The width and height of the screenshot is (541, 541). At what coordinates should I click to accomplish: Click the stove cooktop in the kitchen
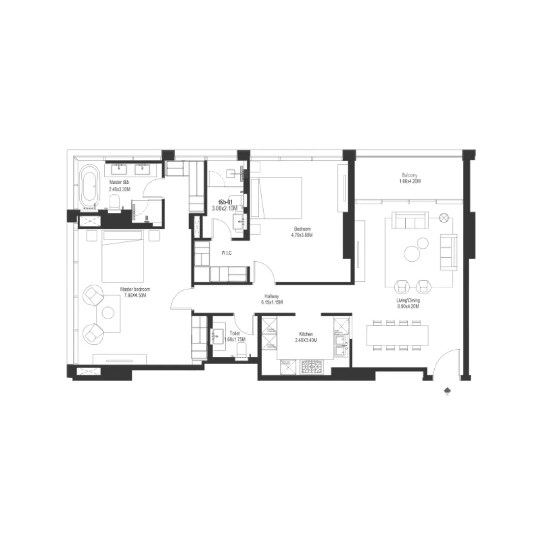click(x=311, y=366)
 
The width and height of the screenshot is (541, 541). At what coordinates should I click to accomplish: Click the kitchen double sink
click(x=340, y=345)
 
